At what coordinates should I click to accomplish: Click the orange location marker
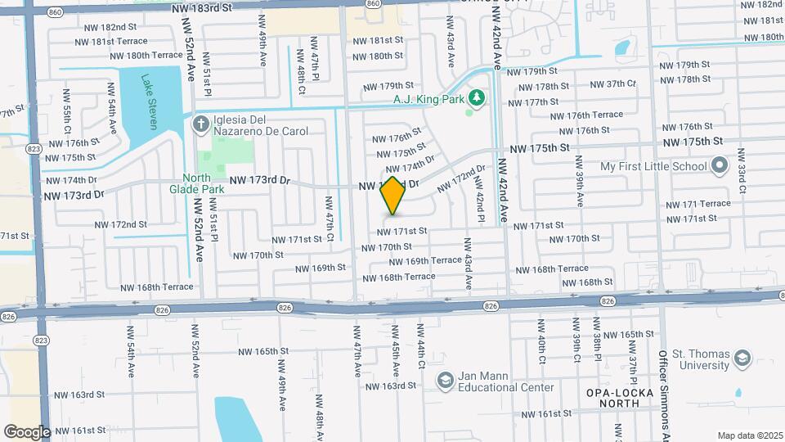coord(393,196)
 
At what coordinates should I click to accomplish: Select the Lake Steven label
coord(148,102)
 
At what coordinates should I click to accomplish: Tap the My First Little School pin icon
coord(720,166)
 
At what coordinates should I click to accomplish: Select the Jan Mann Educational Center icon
coord(445,381)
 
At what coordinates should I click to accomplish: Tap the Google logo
coord(27,431)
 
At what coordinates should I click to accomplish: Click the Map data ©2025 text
coord(750,435)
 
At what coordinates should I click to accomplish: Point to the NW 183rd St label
coord(203,7)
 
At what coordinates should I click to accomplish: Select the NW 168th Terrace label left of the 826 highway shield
coord(157,287)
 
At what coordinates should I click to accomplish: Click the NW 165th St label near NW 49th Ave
coord(263,351)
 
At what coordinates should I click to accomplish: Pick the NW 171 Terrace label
coord(698,204)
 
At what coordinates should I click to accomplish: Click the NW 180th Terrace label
coord(143,55)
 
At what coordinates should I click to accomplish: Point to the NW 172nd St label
coord(120,224)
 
